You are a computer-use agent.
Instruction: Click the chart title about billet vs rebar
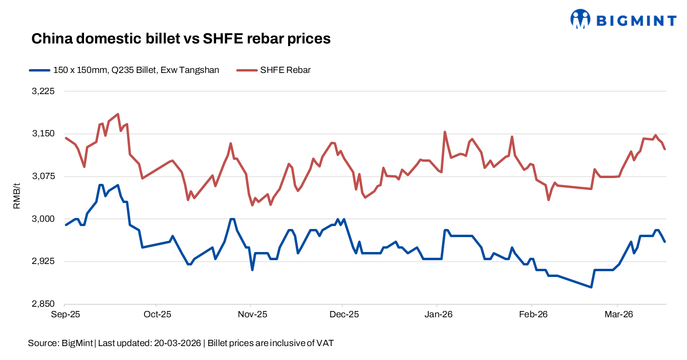(181, 39)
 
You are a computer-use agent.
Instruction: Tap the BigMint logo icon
(580, 19)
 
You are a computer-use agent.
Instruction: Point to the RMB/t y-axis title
(17, 198)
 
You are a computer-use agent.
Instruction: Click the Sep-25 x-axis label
(65, 315)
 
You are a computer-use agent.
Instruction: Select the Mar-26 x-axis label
(618, 315)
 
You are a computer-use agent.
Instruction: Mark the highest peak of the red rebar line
(118, 114)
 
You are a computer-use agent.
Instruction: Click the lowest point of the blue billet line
(591, 287)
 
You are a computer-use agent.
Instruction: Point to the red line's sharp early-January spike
(445, 132)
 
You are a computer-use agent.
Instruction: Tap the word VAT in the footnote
(326, 343)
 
